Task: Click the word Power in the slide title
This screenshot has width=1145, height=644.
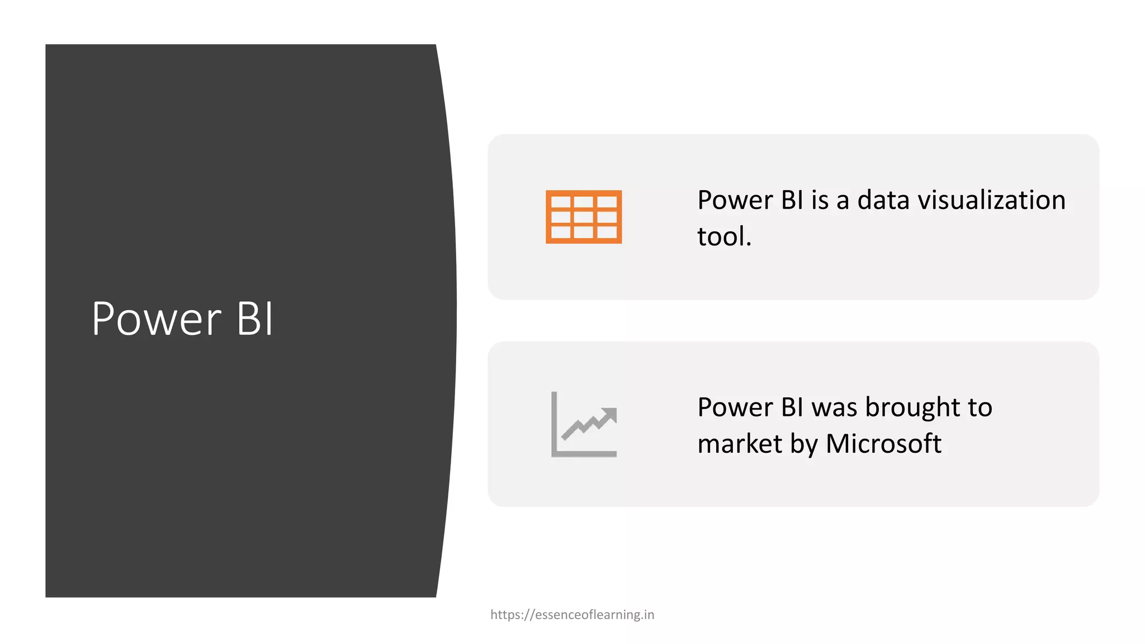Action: (157, 319)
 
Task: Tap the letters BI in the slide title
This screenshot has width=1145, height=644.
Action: (255, 319)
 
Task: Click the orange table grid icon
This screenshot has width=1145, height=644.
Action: (584, 217)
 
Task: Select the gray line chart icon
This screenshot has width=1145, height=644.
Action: (584, 424)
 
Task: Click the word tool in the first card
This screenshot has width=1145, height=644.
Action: (721, 236)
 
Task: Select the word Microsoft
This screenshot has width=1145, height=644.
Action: (883, 444)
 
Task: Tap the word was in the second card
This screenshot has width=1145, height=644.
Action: (835, 408)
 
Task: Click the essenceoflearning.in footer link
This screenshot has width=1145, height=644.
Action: (572, 615)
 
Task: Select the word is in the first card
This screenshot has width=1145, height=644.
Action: (820, 200)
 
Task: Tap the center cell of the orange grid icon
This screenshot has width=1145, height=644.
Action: (584, 217)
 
